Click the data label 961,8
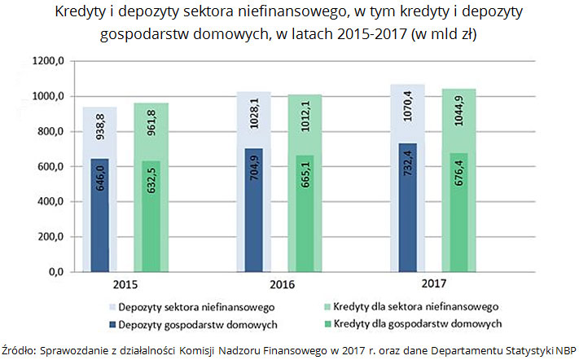pos(150,127)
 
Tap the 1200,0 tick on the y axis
pos(47,62)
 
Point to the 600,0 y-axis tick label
pos(49,167)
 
